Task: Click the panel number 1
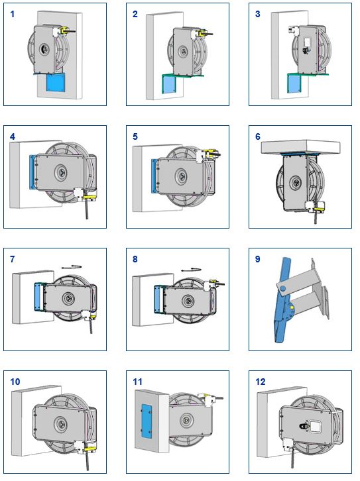pyautogui.click(x=13, y=14)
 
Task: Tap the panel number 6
pyautogui.click(x=258, y=137)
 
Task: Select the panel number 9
pyautogui.click(x=258, y=259)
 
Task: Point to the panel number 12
pyautogui.click(x=261, y=382)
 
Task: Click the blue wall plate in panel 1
pyautogui.click(x=56, y=83)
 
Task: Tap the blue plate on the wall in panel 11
pyautogui.click(x=147, y=421)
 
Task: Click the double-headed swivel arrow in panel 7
pyautogui.click(x=72, y=267)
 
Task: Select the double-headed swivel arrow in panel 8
pyautogui.click(x=191, y=270)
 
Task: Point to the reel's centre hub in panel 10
pyautogui.click(x=60, y=424)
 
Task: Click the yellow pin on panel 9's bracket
pyautogui.click(x=292, y=307)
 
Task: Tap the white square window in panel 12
pyautogui.click(x=315, y=426)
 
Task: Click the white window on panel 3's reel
pyautogui.click(x=308, y=42)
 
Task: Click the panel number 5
pyautogui.click(x=135, y=137)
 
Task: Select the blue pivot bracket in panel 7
pyautogui.click(x=39, y=297)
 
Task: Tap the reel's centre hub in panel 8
pyautogui.click(x=187, y=301)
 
